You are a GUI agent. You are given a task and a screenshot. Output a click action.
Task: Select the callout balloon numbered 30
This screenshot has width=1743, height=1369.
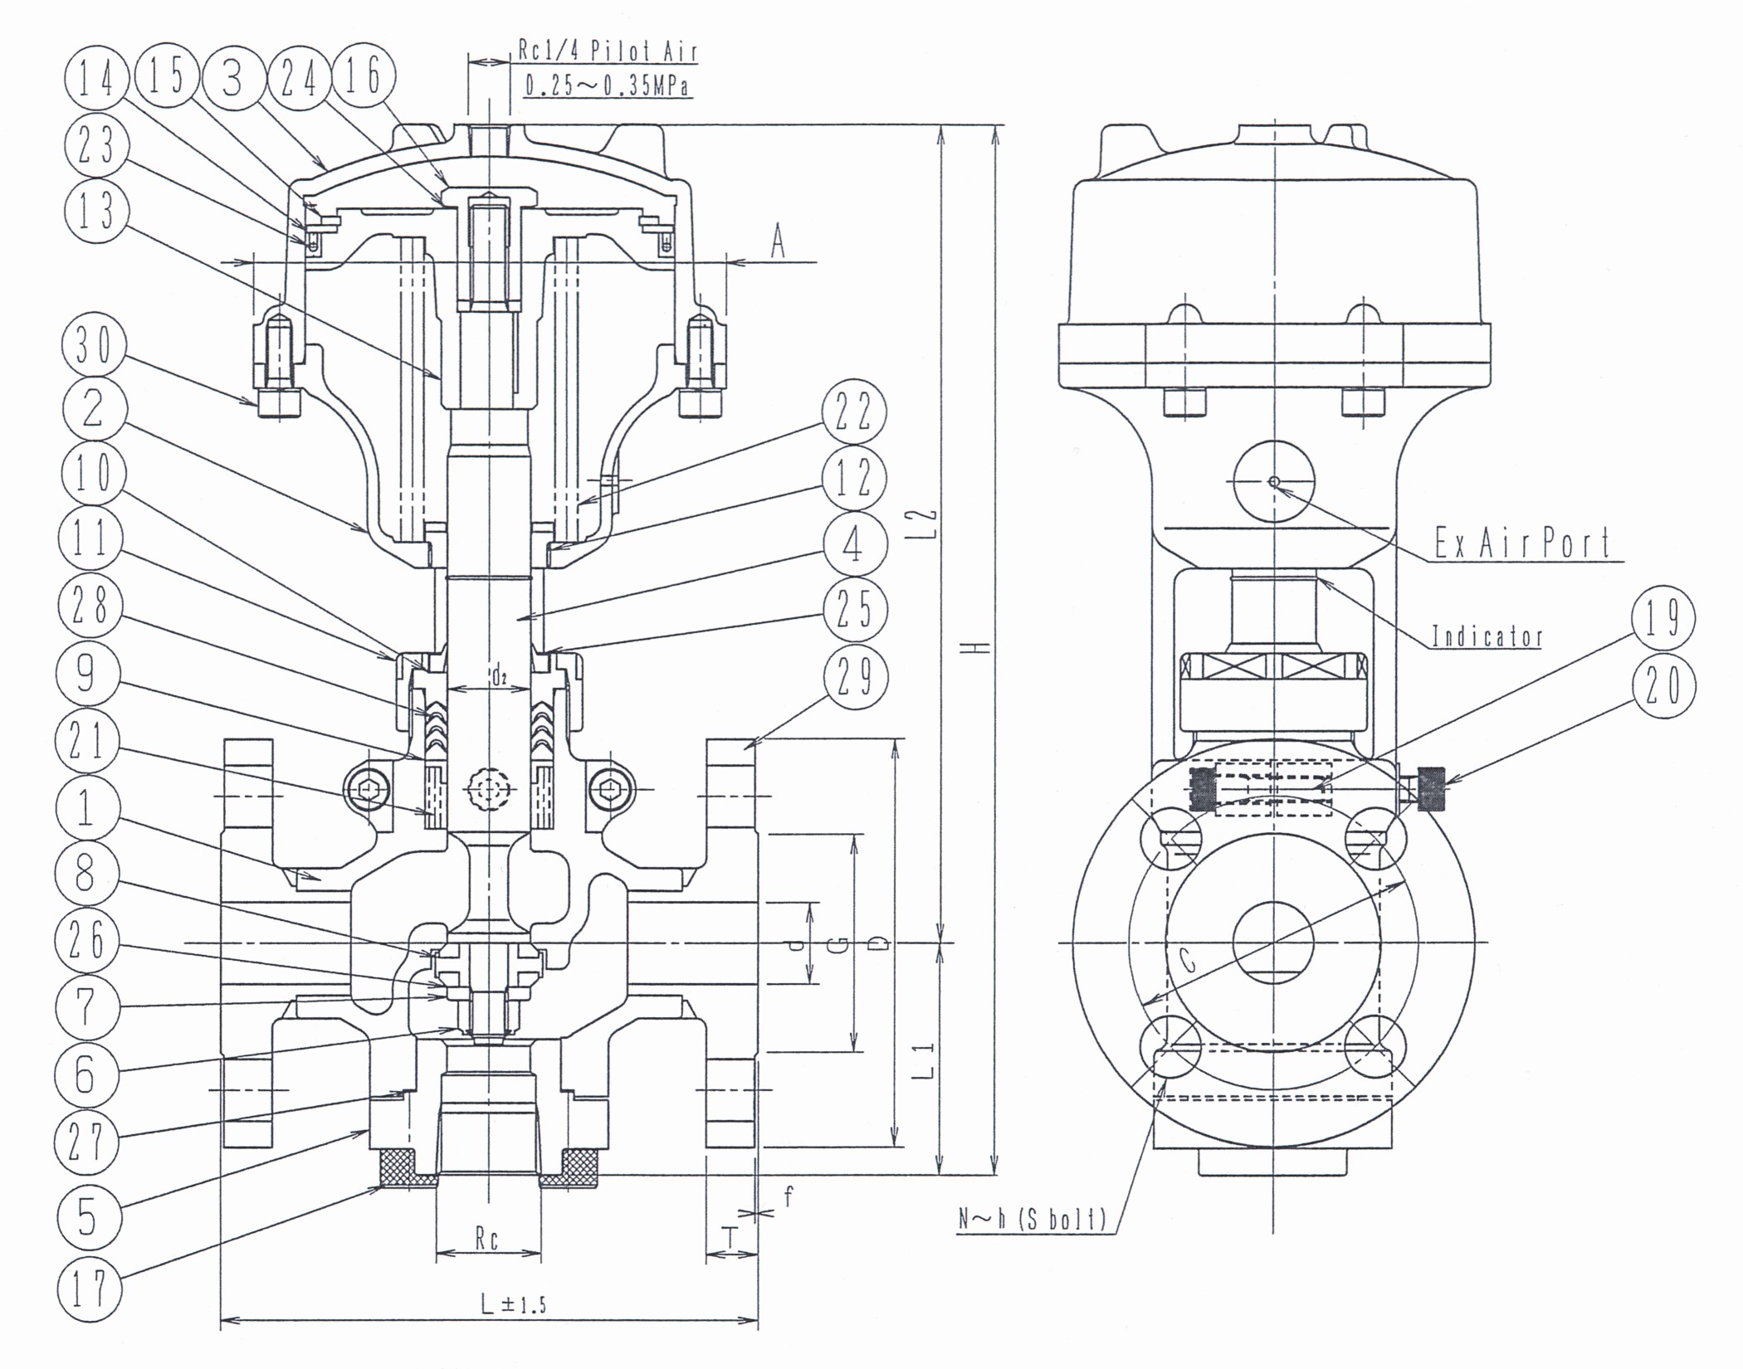click(x=93, y=345)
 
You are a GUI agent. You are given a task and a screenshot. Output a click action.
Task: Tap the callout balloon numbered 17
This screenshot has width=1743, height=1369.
click(x=89, y=1287)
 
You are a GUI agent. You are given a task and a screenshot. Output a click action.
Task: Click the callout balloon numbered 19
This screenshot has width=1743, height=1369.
click(x=1662, y=618)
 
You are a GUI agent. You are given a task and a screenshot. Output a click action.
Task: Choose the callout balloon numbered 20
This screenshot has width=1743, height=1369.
click(x=1662, y=685)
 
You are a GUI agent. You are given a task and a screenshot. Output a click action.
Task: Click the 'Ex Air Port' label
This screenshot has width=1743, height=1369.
click(x=1523, y=543)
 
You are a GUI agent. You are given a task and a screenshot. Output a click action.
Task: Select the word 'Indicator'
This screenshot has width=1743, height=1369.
click(x=1487, y=636)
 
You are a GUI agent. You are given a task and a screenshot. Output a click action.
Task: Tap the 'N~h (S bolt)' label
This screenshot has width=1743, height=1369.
click(x=1033, y=1219)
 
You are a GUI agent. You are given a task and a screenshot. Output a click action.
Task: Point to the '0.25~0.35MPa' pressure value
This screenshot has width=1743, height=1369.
click(x=608, y=85)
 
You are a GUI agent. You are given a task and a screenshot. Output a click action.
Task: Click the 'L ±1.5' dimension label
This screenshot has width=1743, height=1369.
click(x=514, y=1303)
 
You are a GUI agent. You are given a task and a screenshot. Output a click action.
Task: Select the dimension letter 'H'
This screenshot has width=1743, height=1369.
click(x=980, y=647)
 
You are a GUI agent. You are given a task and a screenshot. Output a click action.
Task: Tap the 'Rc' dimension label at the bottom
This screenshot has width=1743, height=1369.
click(x=487, y=1240)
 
